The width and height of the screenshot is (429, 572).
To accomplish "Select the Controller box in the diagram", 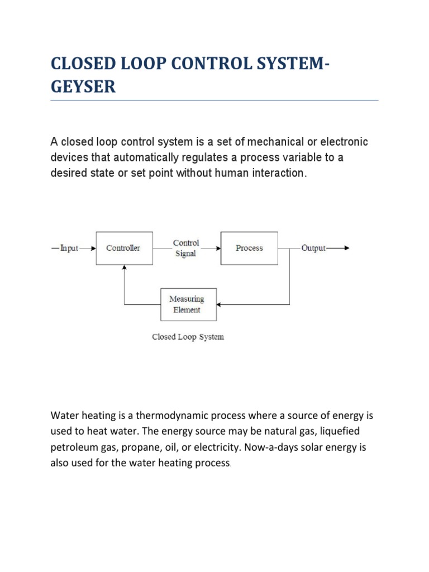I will pos(123,248).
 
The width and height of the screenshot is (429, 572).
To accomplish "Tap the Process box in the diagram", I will pos(249,248).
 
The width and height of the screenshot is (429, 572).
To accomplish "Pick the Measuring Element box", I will pos(188,304).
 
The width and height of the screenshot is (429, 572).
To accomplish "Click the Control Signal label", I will pos(186,248).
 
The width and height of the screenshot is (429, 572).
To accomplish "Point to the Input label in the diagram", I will pos(69,248).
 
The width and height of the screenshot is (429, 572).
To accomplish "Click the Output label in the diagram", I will pos(313,248).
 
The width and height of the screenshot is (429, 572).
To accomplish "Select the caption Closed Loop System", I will pos(188,337).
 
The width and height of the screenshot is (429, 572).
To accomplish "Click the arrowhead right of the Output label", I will pos(346,248).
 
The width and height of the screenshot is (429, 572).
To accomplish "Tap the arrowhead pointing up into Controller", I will pos(124,268).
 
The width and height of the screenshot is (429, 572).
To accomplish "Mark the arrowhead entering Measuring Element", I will pos(220,304).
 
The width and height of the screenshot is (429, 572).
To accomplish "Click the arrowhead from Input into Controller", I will pos(93,248).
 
